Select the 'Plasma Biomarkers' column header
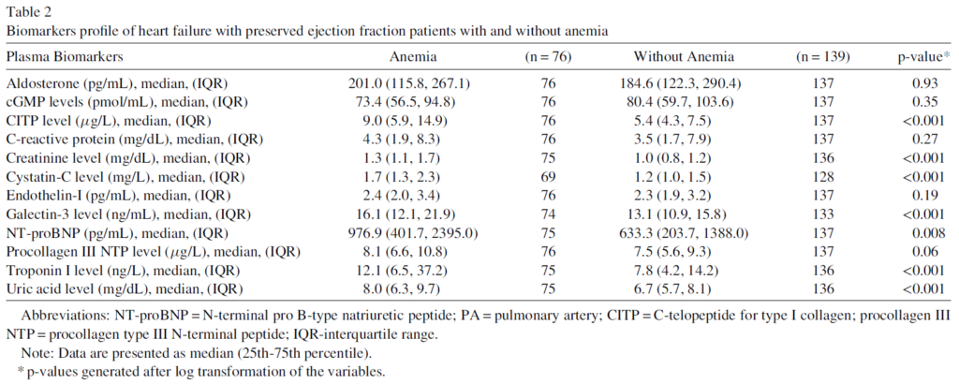(x=65, y=57)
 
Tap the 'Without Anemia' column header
(x=684, y=57)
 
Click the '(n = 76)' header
(x=548, y=57)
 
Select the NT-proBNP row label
(x=117, y=233)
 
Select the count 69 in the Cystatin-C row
(x=548, y=177)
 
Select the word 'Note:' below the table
(x=36, y=353)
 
